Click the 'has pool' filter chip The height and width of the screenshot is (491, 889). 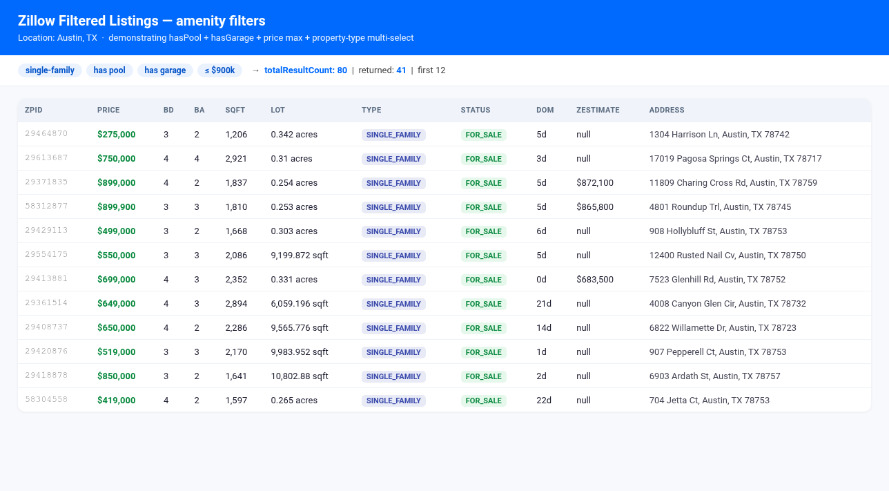click(109, 70)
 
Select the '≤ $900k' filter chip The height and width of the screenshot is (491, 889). click(219, 70)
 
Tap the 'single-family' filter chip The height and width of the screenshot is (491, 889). click(50, 70)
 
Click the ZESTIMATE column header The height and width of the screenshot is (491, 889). click(598, 110)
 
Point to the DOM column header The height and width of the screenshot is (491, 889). click(545, 110)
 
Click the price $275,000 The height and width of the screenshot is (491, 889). click(116, 135)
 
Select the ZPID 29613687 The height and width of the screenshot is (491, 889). click(46, 157)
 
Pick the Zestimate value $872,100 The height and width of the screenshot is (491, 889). click(594, 183)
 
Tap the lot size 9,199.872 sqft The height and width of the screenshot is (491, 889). click(300, 256)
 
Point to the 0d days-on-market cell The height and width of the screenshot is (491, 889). click(541, 280)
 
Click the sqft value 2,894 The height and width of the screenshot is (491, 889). click(236, 304)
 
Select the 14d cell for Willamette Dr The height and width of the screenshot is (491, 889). click(544, 328)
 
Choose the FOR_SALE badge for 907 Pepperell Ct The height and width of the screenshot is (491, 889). click(483, 352)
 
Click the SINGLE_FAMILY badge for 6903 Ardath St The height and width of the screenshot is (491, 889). click(393, 376)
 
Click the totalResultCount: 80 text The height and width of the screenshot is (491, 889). click(306, 70)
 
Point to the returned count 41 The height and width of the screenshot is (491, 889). click(401, 70)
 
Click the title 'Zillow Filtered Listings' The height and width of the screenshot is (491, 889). click(87, 21)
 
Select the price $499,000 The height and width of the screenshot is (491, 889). click(116, 231)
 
